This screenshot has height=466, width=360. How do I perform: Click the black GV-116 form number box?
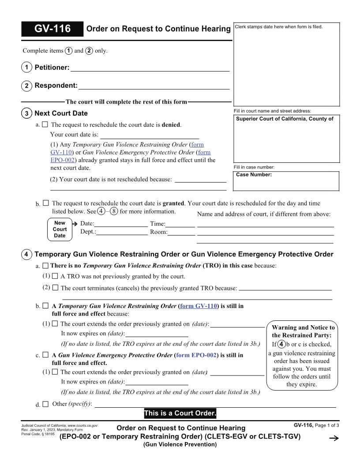click(x=52, y=29)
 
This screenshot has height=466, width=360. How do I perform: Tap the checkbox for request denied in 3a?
click(x=45, y=125)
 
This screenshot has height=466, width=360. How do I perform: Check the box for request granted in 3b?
click(x=45, y=203)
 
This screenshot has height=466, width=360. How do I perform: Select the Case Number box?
click(x=286, y=181)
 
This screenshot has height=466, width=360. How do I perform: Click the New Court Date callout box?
click(x=60, y=229)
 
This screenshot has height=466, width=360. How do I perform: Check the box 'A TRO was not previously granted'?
click(x=55, y=277)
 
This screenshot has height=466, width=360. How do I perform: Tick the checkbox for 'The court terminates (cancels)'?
click(x=55, y=288)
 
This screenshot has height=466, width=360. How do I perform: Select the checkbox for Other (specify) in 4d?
click(x=45, y=404)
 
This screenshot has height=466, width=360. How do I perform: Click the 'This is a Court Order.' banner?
click(x=180, y=413)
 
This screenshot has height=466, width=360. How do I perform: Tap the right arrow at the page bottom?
click(x=334, y=438)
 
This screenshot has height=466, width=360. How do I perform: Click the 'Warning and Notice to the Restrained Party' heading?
click(x=303, y=331)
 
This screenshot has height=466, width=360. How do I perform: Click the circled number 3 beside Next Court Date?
click(x=26, y=113)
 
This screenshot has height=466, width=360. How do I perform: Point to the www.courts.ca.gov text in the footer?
click(x=82, y=425)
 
